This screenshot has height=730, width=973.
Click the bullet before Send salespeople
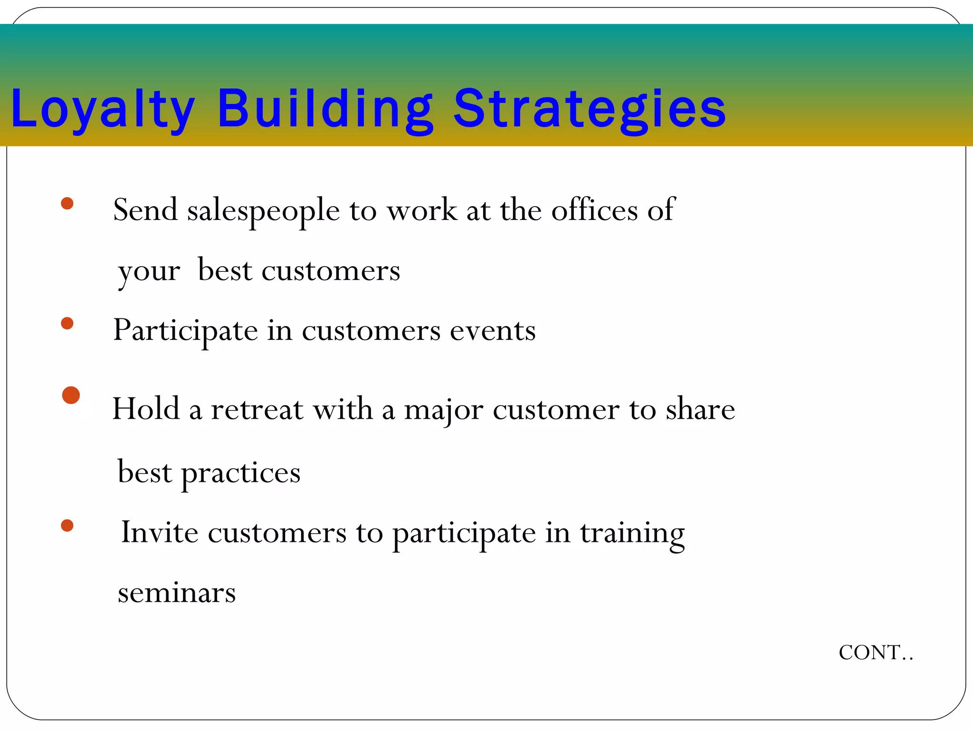pyautogui.click(x=67, y=204)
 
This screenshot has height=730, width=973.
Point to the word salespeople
pyautogui.click(x=263, y=211)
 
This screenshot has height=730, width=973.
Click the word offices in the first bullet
pyautogui.click(x=594, y=210)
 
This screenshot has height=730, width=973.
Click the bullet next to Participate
pyautogui.click(x=67, y=324)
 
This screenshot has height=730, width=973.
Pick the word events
pyautogui.click(x=493, y=331)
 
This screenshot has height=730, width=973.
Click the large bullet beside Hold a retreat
pyautogui.click(x=71, y=395)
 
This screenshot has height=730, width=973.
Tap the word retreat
pyautogui.click(x=257, y=409)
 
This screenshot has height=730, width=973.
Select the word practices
pyautogui.click(x=241, y=473)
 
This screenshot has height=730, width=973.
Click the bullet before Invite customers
pyautogui.click(x=67, y=526)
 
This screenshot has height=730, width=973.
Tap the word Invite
pyautogui.click(x=160, y=532)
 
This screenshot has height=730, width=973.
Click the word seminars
pyautogui.click(x=177, y=593)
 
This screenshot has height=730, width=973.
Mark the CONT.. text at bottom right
pyautogui.click(x=876, y=653)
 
